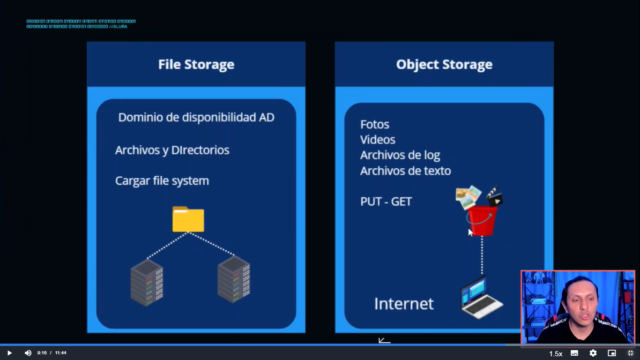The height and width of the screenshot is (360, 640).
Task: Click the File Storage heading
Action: tap(196, 64)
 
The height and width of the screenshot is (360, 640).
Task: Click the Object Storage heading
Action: tap(444, 64)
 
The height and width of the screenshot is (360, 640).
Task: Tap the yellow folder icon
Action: tap(188, 219)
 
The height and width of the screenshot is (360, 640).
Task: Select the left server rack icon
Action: tap(147, 282)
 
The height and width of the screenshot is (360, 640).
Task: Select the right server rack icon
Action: tap(234, 279)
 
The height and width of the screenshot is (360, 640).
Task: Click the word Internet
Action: tap(404, 304)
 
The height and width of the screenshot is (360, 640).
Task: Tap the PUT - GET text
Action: tap(386, 202)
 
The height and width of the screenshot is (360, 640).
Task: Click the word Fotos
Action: tap(375, 124)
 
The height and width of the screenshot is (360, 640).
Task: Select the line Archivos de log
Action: tap(400, 155)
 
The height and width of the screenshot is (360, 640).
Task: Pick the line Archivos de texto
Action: tap(406, 171)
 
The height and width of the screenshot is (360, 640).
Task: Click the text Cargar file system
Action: tap(162, 180)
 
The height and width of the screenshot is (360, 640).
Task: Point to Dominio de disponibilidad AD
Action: tap(196, 117)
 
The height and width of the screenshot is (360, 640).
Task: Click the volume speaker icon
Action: tap(28, 353)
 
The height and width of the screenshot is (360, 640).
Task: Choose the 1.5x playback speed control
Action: tap(556, 353)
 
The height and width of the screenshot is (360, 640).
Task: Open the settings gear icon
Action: tap(593, 353)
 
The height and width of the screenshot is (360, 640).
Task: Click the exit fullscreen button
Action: tap(631, 353)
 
